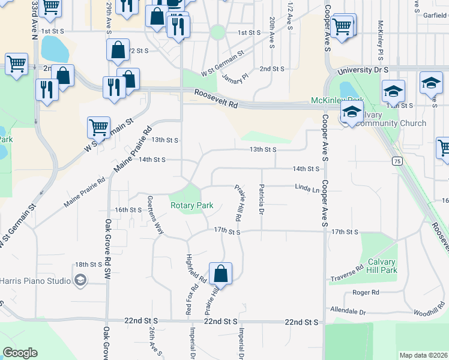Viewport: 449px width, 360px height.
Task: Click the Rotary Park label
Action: coord(191,205)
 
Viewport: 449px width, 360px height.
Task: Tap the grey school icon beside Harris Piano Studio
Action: coord(80,280)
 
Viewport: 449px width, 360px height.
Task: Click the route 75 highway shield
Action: coord(397,161)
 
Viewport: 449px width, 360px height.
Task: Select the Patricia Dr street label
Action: coord(262,200)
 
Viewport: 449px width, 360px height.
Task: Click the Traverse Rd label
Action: coord(347,274)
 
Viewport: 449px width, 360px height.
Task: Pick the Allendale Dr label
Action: coord(348,311)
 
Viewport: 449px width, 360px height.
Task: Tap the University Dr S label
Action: coord(363,71)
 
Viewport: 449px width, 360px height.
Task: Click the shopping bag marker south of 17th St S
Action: coord(221,274)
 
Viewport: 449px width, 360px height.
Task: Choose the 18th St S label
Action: coord(87,264)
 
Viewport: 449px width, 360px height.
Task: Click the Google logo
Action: coord(20,353)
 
